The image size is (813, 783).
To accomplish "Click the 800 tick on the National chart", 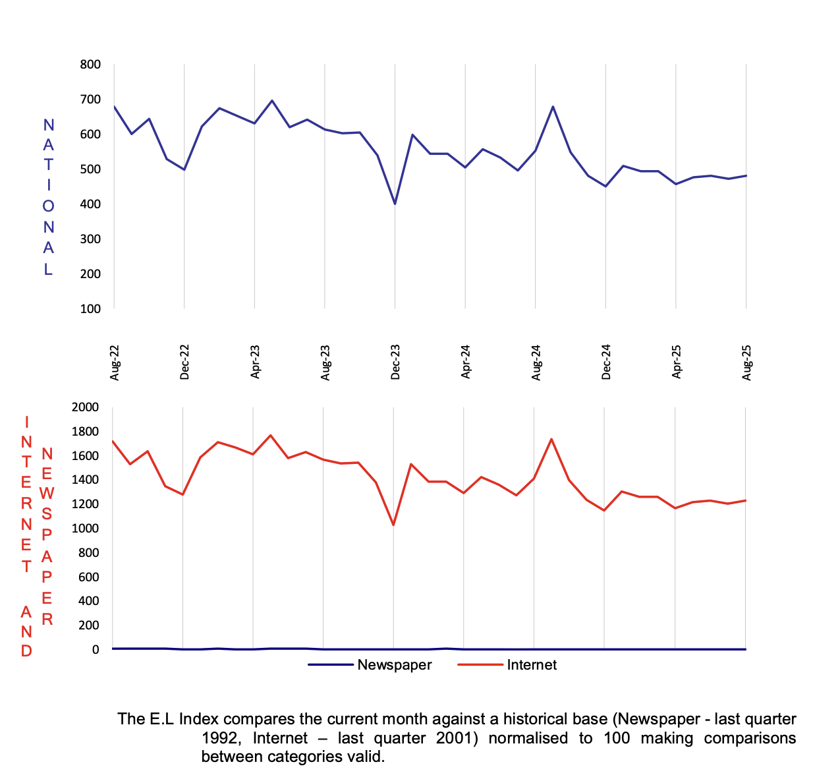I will (x=90, y=65).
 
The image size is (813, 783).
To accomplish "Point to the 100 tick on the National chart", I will (x=90, y=308).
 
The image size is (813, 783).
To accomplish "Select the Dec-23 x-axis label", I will (x=395, y=362).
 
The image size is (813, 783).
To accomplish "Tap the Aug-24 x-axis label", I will (x=536, y=362).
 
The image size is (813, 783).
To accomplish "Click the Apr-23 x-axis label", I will (x=255, y=362).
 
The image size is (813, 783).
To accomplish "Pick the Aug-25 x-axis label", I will (x=746, y=362).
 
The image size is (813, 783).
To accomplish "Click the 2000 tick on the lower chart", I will (x=86, y=407).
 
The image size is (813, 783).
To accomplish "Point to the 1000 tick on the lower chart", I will (x=86, y=529).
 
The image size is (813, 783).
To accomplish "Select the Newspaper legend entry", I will (x=394, y=665).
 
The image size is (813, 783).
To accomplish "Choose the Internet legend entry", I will (x=531, y=665).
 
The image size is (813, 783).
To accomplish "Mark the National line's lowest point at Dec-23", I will (x=395, y=204).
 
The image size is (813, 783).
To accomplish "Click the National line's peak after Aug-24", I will (x=553, y=106).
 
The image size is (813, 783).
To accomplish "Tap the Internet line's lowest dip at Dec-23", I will (x=393, y=525).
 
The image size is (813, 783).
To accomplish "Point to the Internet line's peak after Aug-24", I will (x=551, y=439).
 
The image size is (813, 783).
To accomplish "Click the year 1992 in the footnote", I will (x=219, y=738).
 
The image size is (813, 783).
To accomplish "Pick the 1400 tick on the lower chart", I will (x=86, y=480).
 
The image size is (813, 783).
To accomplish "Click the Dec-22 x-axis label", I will (x=184, y=362).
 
